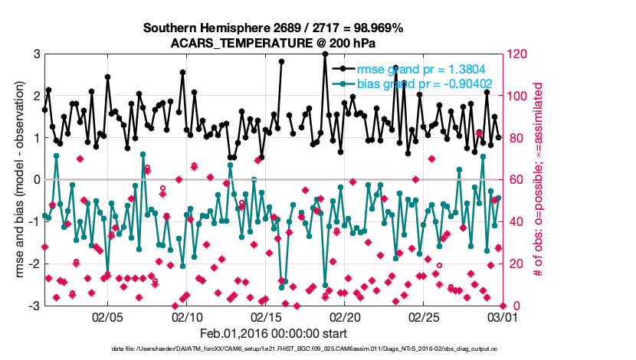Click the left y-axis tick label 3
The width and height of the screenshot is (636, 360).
pyautogui.click(x=36, y=54)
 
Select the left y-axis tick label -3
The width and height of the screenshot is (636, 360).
pyautogui.click(x=34, y=306)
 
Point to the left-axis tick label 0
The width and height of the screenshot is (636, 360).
pyautogui.click(x=36, y=180)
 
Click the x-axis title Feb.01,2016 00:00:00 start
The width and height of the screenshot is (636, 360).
pyautogui.click(x=274, y=333)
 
